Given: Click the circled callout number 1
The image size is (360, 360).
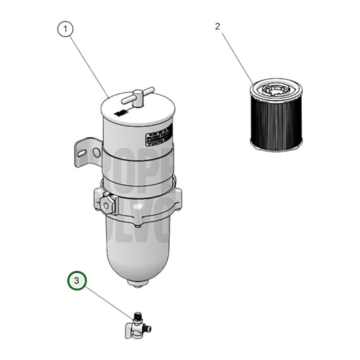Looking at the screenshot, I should point(65,29).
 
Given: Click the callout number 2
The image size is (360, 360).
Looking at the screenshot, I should point(217,27).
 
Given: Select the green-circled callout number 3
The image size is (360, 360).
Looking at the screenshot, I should point(76,280).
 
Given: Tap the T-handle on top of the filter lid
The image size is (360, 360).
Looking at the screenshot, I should point(142,95).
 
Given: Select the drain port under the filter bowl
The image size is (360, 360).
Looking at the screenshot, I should point(138,283).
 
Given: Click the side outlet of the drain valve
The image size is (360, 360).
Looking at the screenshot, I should point(148,329).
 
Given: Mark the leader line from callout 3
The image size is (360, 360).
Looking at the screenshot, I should point(108,300).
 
